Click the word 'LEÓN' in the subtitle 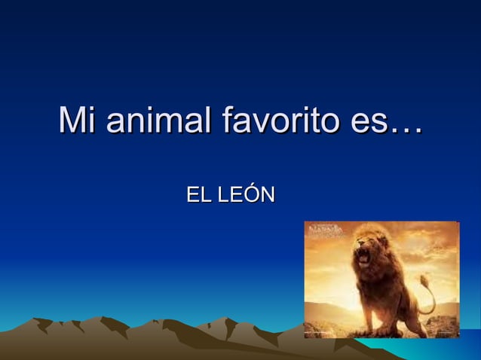coord(246,197)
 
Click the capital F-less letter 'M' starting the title coord(72,122)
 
